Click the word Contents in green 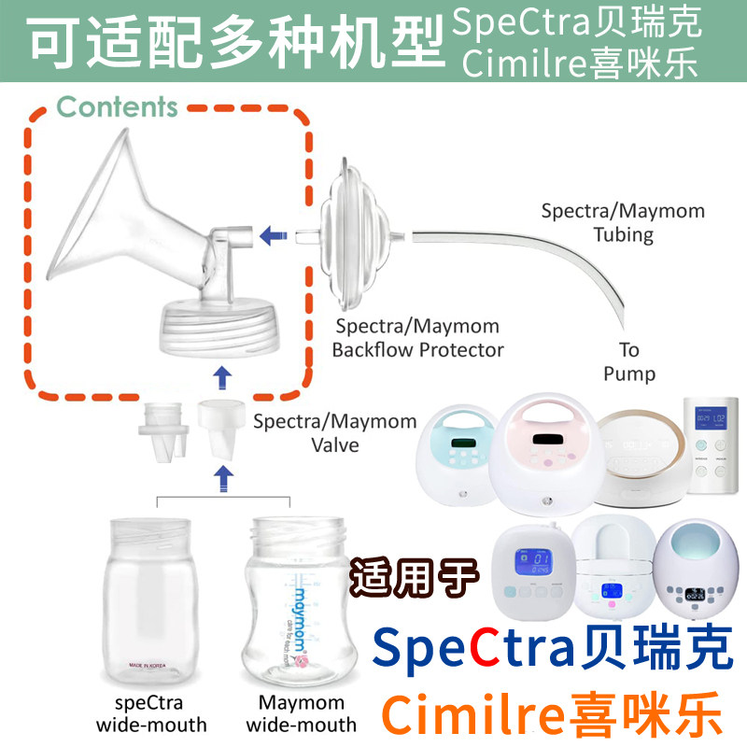pyautogui.click(x=117, y=107)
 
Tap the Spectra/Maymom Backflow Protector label pyautogui.click(x=418, y=339)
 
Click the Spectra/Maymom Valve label pyautogui.click(x=335, y=432)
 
